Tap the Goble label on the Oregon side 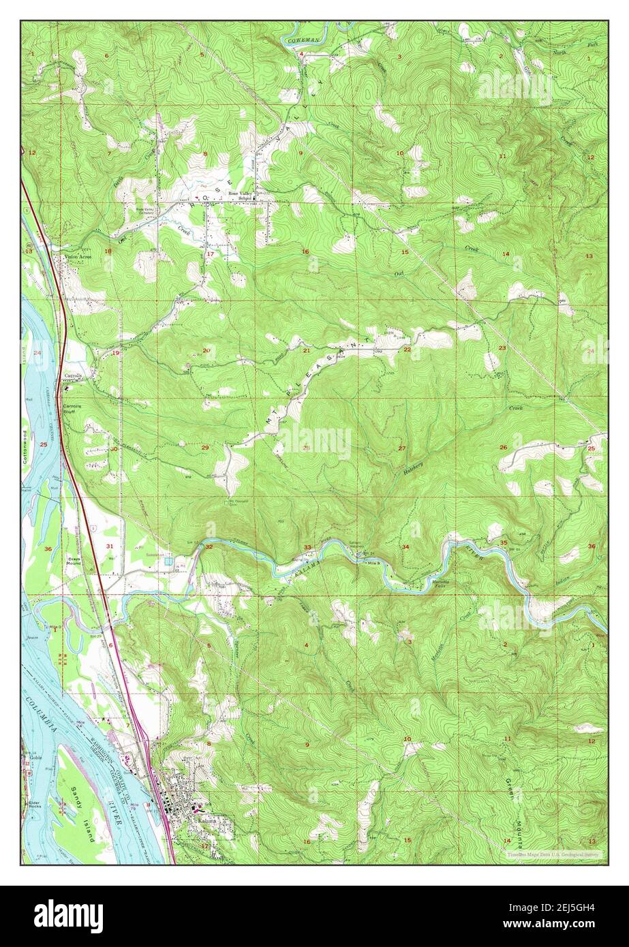pyautogui.click(x=35, y=757)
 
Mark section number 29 pyautogui.click(x=205, y=448)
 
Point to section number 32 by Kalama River pyautogui.click(x=209, y=546)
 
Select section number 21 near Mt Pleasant pyautogui.click(x=307, y=351)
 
